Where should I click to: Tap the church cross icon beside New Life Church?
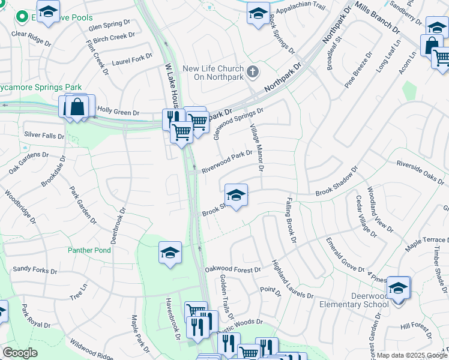click(253, 73)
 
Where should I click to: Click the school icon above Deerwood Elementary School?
click(398, 288)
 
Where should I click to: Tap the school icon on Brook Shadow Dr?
click(236, 195)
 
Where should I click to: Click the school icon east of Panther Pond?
click(170, 252)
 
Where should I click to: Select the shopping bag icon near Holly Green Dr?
click(77, 107)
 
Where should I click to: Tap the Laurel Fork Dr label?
click(132, 59)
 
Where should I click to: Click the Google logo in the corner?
click(20, 353)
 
